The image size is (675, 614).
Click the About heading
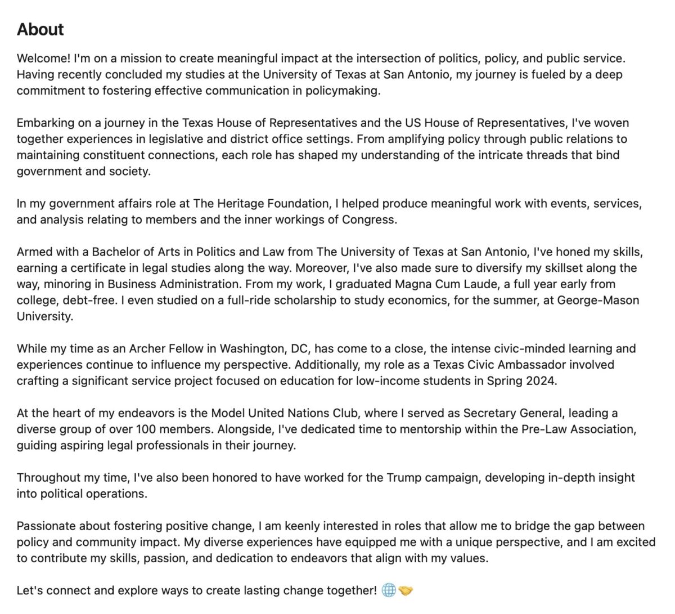pos(40,29)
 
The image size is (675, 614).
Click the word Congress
pos(369,219)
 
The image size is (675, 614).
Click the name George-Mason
pos(598,300)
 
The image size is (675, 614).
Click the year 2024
pos(541,381)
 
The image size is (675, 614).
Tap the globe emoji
pos(389,590)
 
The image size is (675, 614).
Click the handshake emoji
pos(405,590)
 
